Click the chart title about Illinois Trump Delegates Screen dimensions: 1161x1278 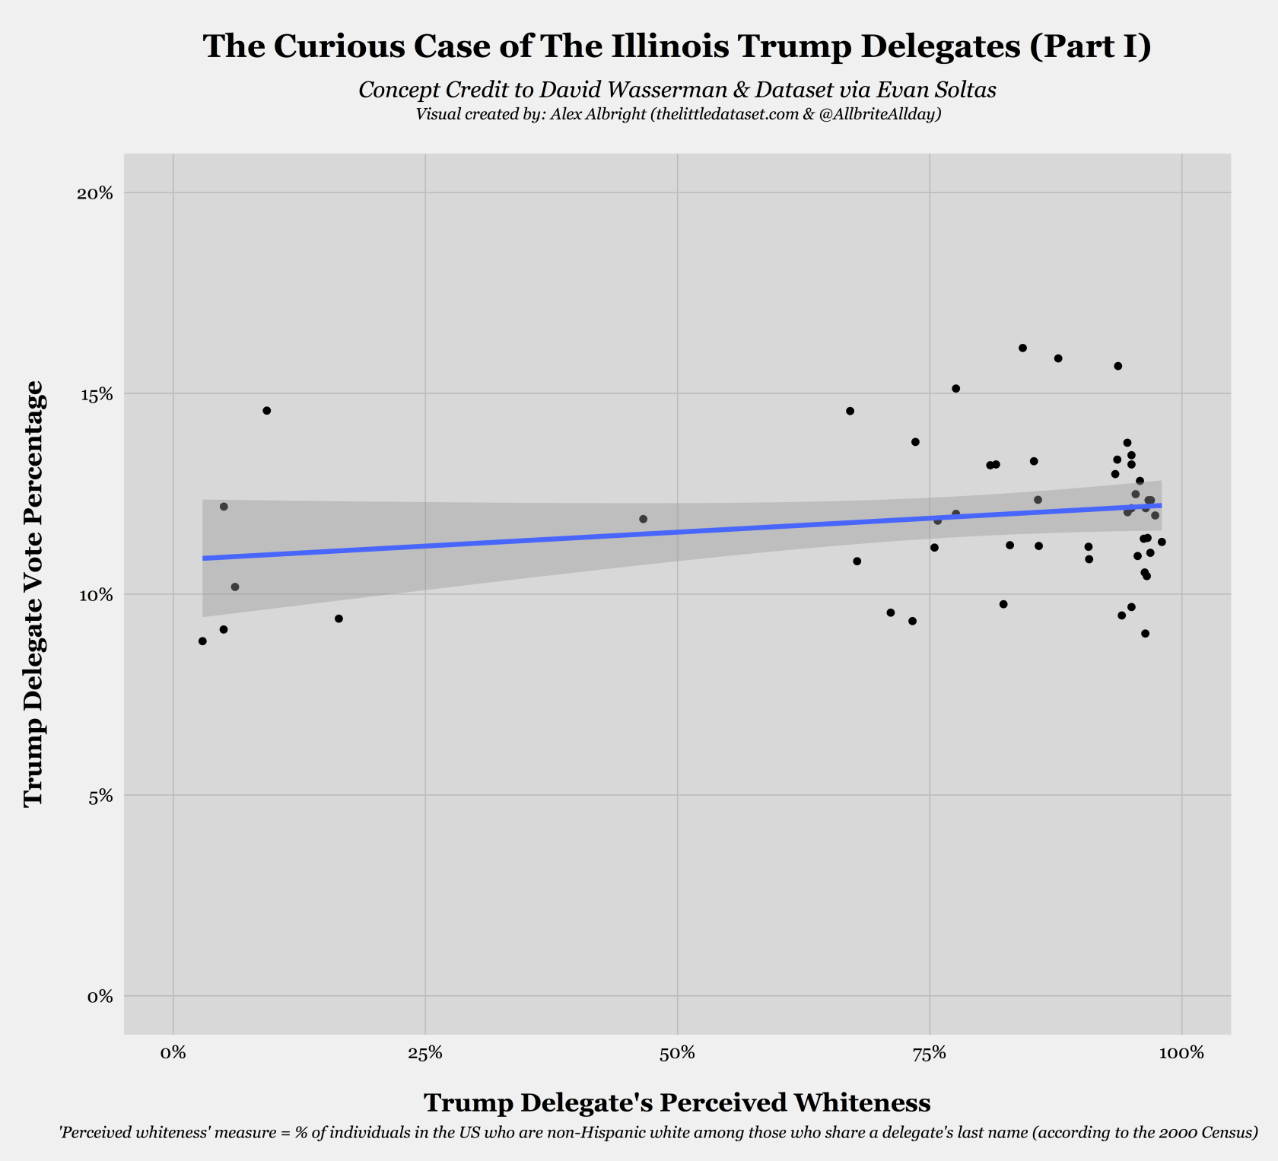point(676,46)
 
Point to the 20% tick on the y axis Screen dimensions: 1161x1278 point(95,192)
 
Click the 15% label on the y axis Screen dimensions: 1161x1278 point(95,394)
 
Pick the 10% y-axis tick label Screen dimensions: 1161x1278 point(95,595)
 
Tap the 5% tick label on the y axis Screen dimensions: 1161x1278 point(99,796)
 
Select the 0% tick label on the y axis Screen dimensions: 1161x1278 point(99,997)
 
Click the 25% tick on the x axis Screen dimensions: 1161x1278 point(425,1054)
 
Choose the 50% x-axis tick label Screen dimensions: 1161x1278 point(677,1054)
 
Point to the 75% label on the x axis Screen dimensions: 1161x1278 point(929,1054)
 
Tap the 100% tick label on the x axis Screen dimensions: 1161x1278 point(1181,1054)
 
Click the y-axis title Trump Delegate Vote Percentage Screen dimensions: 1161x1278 point(33,594)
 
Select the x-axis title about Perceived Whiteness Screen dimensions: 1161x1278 point(676,1102)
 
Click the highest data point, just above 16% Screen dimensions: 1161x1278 point(1022,348)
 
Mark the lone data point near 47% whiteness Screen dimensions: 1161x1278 point(643,519)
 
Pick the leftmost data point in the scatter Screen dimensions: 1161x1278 point(202,641)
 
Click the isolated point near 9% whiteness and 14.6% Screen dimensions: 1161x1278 point(266,411)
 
